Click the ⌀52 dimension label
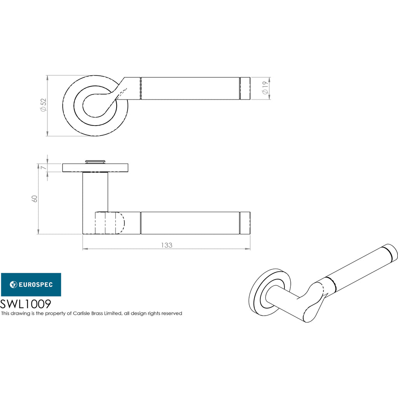[x=44, y=105]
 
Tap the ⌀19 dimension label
[x=265, y=88]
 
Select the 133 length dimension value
[x=167, y=245]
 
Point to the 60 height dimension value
[x=35, y=199]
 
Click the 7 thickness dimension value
[x=44, y=168]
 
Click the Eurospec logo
[x=31, y=285]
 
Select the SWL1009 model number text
[x=26, y=304]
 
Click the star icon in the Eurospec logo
[x=13, y=285]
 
